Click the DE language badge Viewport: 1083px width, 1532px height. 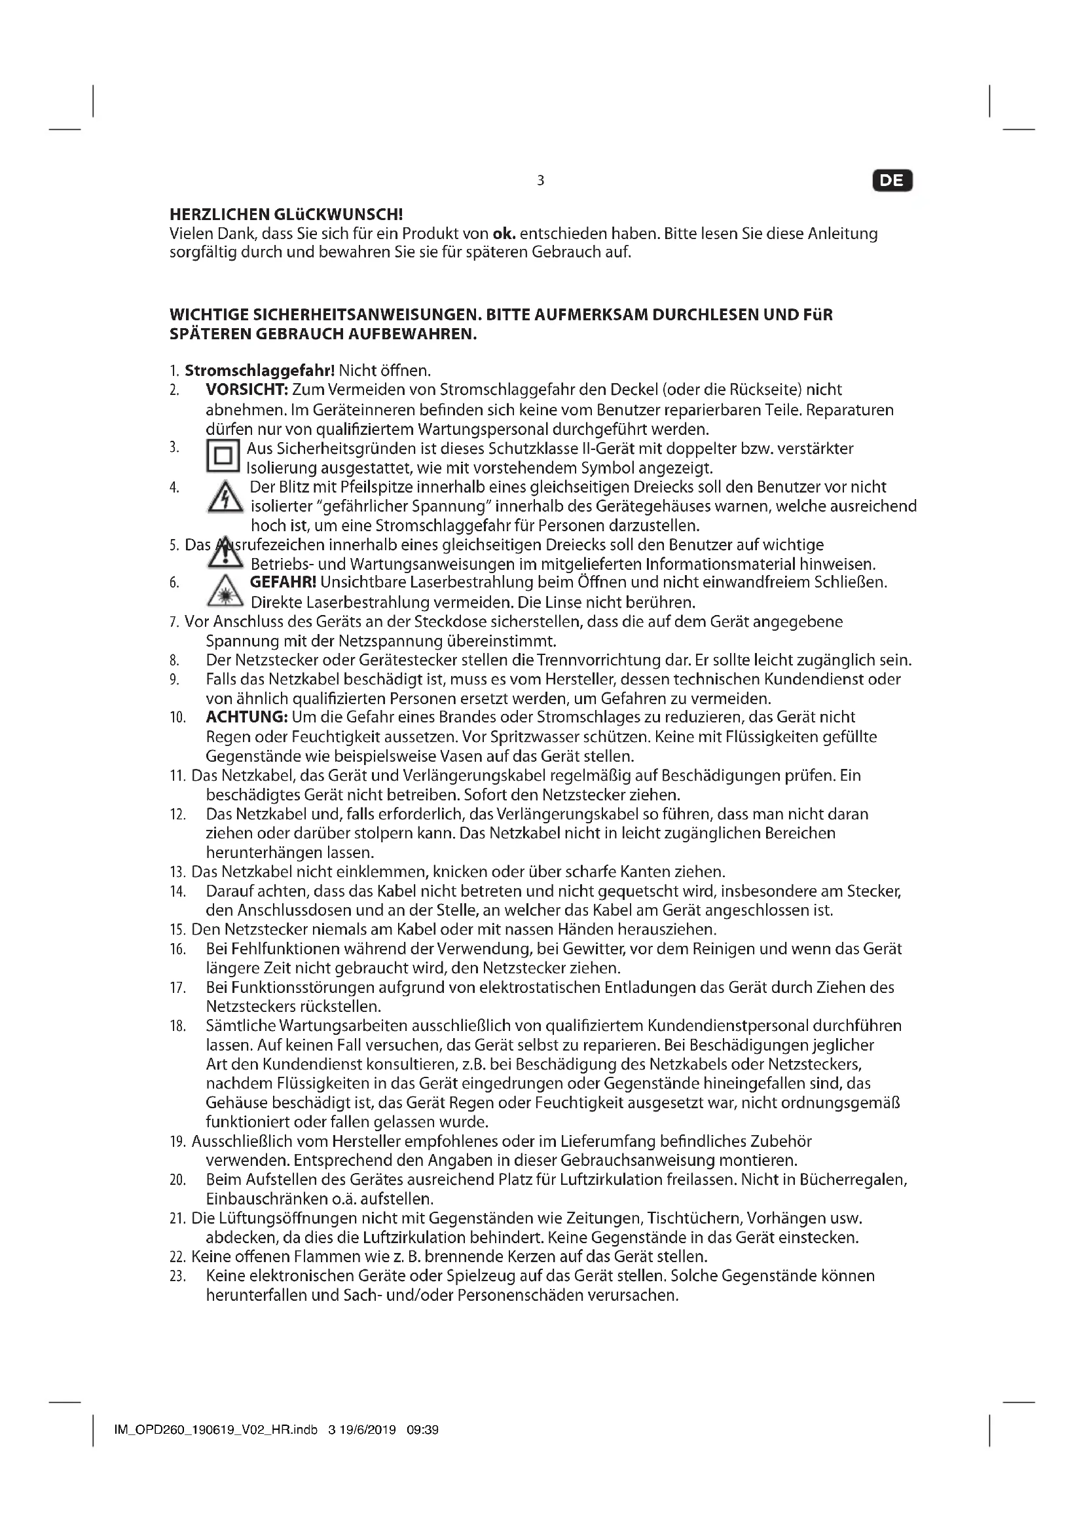click(x=892, y=180)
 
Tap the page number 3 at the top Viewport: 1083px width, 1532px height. click(x=540, y=180)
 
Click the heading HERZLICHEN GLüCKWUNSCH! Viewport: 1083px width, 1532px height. click(x=286, y=215)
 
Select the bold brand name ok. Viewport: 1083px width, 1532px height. click(x=504, y=234)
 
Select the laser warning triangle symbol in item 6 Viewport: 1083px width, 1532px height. click(x=225, y=591)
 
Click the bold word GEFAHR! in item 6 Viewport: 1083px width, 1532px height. click(x=283, y=582)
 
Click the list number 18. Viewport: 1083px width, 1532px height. click(x=177, y=1026)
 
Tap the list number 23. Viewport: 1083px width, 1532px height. click(x=177, y=1277)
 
